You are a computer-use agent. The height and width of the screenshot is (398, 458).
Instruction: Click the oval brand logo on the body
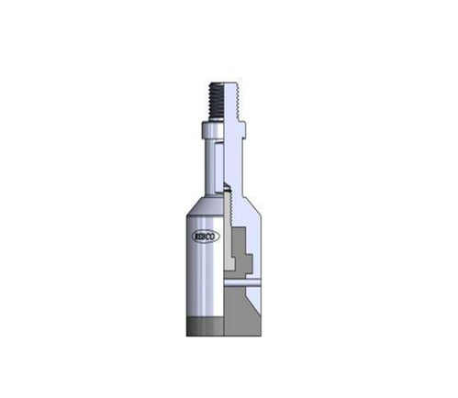click(206, 236)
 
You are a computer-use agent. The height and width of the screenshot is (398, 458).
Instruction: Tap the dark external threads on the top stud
click(217, 100)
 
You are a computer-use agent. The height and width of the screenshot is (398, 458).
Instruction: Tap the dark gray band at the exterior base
click(206, 325)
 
